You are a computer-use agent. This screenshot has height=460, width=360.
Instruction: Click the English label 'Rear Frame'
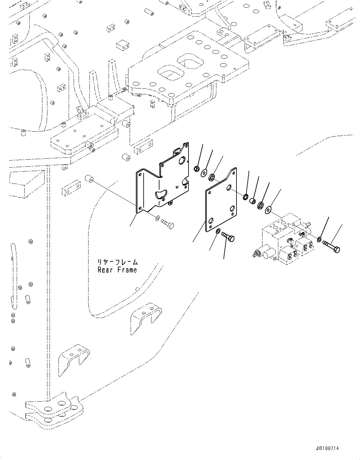117,270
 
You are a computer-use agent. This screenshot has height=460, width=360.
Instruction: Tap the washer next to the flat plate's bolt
218,230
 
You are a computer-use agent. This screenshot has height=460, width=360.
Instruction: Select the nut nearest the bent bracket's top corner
196,169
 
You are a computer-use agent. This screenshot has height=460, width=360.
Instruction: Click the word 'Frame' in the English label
127,270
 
